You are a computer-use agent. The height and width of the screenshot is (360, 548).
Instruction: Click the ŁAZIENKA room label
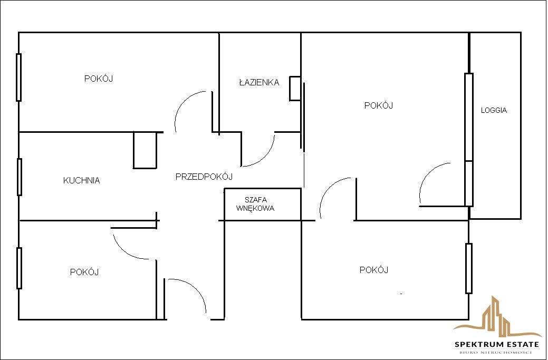tap(259, 82)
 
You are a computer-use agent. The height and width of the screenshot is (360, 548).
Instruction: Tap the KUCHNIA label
tap(81, 180)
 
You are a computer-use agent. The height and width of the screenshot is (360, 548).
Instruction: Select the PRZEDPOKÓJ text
tap(204, 177)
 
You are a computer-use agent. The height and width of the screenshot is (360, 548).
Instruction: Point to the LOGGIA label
tap(494, 110)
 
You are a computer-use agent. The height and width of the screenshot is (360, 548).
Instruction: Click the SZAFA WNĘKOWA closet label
tap(255, 205)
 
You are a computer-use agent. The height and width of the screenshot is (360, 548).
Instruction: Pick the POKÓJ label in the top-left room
tap(99, 79)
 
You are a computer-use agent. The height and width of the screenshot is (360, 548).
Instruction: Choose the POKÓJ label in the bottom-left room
tap(84, 272)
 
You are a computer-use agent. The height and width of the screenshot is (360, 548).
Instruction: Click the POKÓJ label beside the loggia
tap(379, 105)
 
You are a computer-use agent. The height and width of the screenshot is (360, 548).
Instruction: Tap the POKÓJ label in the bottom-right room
tap(374, 270)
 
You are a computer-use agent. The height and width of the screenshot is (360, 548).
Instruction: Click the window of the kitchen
tap(20, 177)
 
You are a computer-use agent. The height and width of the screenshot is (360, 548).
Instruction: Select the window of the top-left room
tap(19, 77)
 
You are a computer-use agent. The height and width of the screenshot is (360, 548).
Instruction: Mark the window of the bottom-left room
tap(19, 268)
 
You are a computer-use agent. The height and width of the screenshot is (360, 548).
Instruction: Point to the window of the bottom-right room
tap(469, 268)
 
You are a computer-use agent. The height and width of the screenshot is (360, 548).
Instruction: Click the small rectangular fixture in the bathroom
tap(295, 89)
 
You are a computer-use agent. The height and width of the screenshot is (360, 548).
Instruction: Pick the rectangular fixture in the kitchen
tap(145, 150)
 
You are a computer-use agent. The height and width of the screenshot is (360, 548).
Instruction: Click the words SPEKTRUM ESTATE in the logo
tap(497, 344)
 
